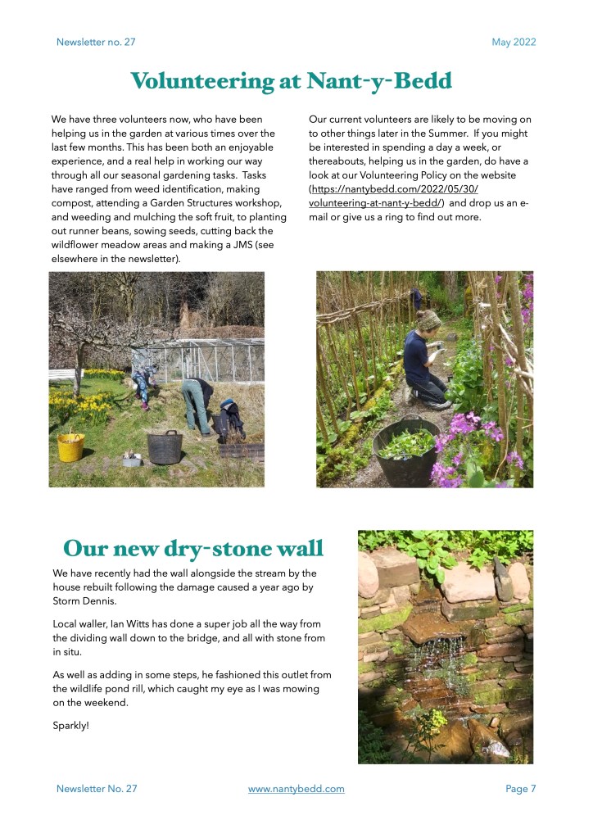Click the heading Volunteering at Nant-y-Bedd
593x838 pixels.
tap(291, 81)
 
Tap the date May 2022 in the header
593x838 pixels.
tap(514, 42)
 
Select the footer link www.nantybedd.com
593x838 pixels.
tap(296, 789)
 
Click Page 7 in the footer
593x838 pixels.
tap(520, 789)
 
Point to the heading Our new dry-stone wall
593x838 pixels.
tap(193, 547)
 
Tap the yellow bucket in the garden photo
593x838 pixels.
tap(70, 446)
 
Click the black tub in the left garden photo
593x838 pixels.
tap(164, 447)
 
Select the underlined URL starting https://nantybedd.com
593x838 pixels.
tap(393, 196)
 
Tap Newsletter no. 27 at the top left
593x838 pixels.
tap(96, 42)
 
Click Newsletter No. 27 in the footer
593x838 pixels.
tap(97, 789)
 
